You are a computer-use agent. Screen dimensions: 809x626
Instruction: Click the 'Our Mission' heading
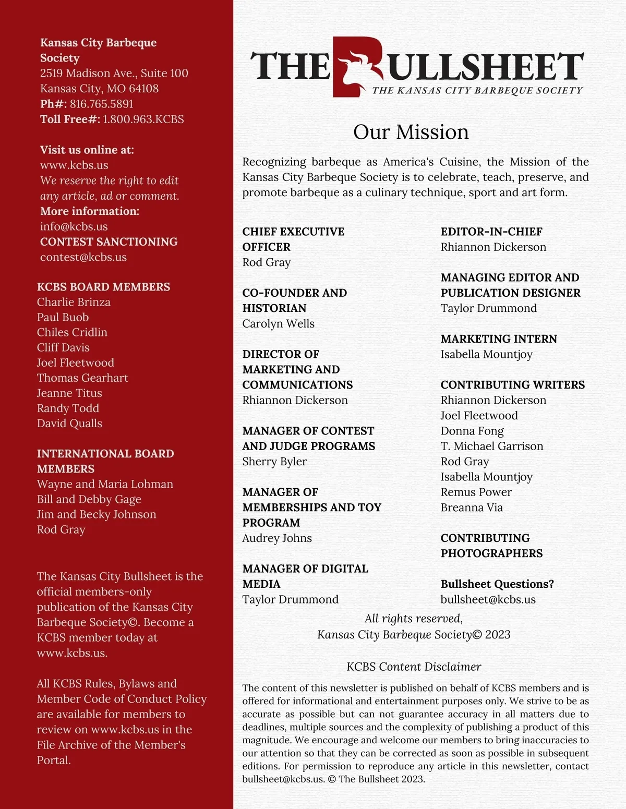[411, 132]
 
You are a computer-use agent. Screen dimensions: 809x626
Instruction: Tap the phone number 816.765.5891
[101, 104]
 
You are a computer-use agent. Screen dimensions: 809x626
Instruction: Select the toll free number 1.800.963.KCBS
[143, 119]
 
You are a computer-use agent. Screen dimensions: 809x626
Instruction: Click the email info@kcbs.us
[74, 226]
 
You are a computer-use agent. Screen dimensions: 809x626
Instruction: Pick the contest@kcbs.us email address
[83, 257]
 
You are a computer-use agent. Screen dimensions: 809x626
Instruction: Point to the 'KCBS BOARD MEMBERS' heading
[103, 287]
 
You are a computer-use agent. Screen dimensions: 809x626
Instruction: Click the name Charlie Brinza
[74, 302]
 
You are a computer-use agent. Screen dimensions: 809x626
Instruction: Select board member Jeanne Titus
[69, 393]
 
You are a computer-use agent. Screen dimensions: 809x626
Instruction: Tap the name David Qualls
[69, 423]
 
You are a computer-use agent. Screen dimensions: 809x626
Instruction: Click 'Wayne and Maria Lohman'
[105, 484]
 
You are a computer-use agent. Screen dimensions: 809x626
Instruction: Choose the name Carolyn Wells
[278, 323]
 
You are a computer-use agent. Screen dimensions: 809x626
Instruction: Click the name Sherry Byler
[274, 461]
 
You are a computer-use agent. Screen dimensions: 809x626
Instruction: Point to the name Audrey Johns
[277, 538]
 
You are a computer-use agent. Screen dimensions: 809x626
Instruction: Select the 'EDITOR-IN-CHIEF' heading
[491, 232]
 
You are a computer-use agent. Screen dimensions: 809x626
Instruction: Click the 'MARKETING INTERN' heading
[499, 339]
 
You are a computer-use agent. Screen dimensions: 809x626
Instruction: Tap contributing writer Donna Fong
[472, 431]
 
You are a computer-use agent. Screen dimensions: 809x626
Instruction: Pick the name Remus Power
[476, 492]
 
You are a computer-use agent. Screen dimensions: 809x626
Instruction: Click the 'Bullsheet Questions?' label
[497, 584]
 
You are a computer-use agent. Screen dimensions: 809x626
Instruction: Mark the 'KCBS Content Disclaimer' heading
[414, 667]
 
